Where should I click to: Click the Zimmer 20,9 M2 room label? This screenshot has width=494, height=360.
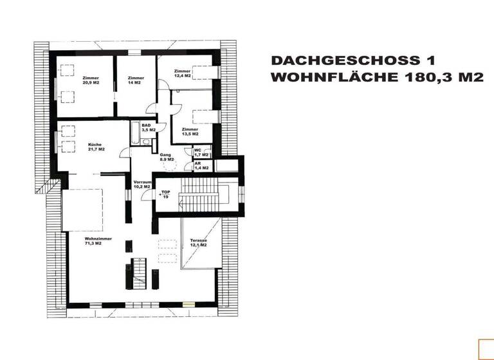tap(90, 80)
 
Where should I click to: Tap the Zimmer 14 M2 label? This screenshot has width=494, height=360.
tap(134, 80)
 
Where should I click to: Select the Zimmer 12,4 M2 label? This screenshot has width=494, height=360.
tap(182, 73)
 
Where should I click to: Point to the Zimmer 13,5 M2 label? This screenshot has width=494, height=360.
tap(190, 131)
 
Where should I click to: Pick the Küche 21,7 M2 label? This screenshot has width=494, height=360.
tap(96, 147)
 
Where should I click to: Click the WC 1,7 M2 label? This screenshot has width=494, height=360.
tap(202, 153)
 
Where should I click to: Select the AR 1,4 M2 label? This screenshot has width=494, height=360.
tap(201, 166)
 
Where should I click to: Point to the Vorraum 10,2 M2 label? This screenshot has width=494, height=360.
tap(142, 184)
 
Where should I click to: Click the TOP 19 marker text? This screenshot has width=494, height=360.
tap(165, 195)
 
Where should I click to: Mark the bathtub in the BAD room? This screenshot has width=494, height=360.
tap(135, 134)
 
